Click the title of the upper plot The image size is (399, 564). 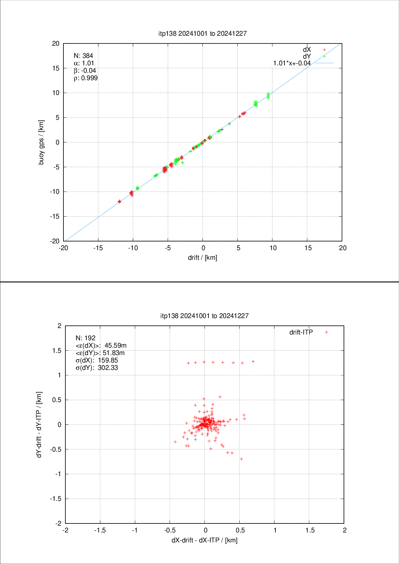[x=203, y=33]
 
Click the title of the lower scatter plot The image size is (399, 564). [x=204, y=316]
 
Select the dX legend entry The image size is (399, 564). [x=307, y=50]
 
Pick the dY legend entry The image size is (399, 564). [x=307, y=56]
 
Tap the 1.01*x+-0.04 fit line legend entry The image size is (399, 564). [x=292, y=63]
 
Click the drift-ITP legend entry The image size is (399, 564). [x=301, y=332]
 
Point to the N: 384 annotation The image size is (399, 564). [x=83, y=56]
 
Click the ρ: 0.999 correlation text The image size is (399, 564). [x=86, y=78]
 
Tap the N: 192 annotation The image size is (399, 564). [x=85, y=338]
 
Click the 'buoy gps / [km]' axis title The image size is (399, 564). [x=41, y=142]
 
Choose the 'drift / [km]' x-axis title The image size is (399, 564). [x=203, y=258]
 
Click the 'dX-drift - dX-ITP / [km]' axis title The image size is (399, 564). [x=204, y=540]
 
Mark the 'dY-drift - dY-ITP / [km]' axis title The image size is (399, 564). [x=39, y=425]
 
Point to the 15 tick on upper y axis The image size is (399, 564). [x=56, y=68]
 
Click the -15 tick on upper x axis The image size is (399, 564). [x=98, y=248]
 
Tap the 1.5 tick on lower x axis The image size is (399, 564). [x=310, y=530]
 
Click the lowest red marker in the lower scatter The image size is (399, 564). [x=241, y=459]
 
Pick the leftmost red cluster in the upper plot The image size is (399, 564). [x=119, y=202]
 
